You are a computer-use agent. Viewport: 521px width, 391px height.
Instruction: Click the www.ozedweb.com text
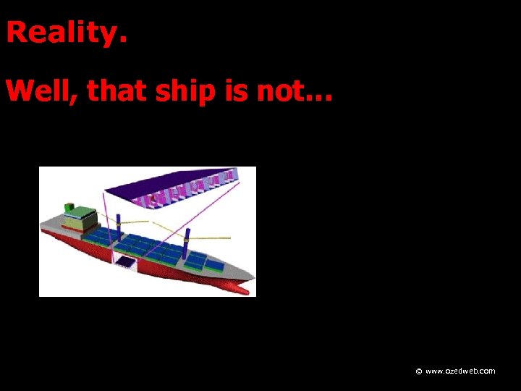pyautogui.click(x=460, y=371)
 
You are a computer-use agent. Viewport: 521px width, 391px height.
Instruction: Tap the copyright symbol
pyautogui.click(x=418, y=371)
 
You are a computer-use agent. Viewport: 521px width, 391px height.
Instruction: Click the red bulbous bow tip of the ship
pyautogui.click(x=245, y=291)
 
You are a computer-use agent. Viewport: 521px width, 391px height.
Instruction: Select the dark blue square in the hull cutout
pyautogui.click(x=126, y=261)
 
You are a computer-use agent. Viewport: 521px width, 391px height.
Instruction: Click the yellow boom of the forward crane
pyautogui.click(x=210, y=238)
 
